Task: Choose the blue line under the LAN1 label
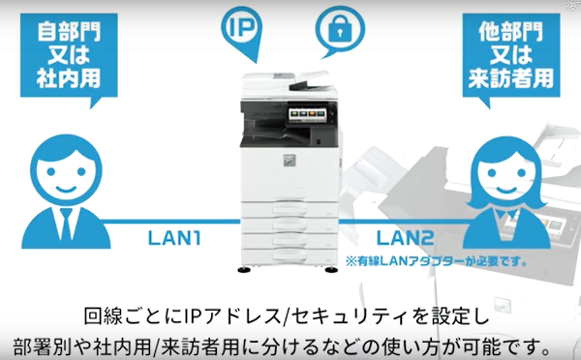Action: coord(174,221)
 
